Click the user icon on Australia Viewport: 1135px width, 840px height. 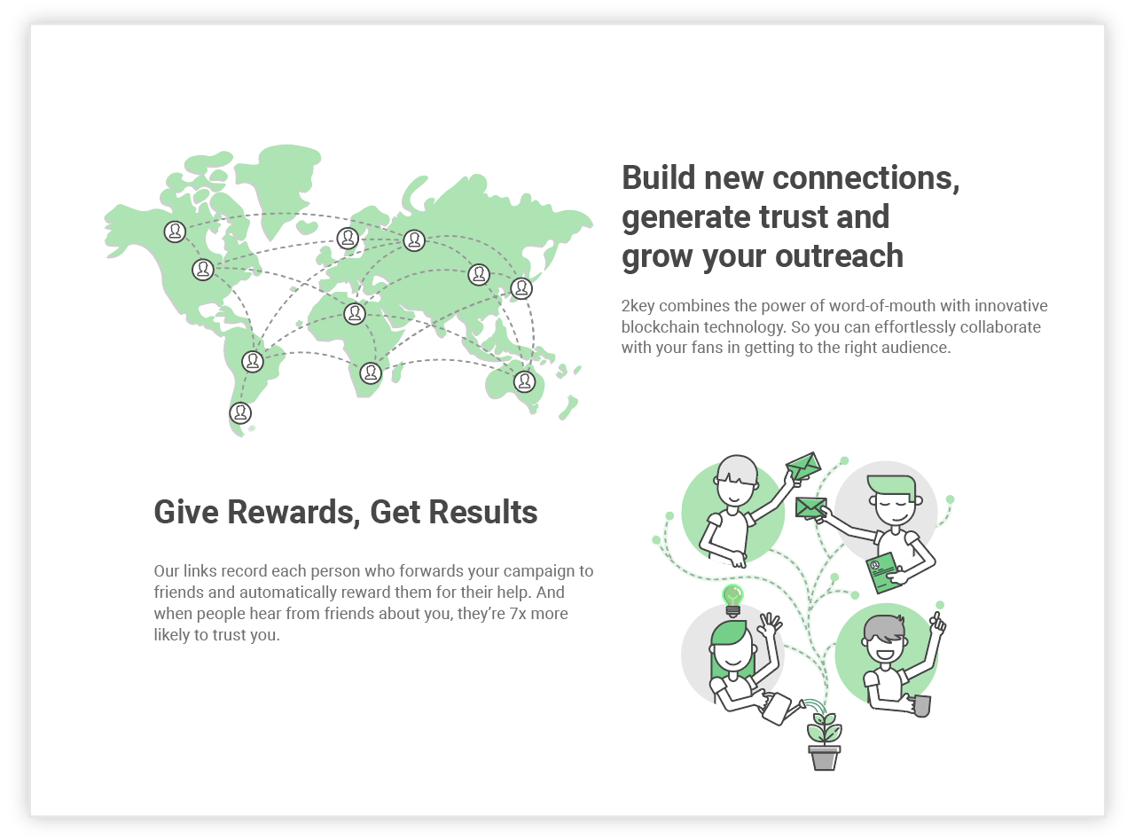click(x=524, y=381)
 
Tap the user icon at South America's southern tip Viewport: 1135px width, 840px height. click(x=240, y=412)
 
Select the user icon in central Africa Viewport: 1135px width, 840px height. click(x=355, y=313)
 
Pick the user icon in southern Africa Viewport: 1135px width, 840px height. click(x=371, y=373)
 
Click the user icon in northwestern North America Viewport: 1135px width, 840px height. click(x=175, y=232)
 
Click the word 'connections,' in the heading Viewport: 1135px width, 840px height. click(x=865, y=177)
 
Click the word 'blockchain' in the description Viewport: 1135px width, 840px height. click(x=661, y=326)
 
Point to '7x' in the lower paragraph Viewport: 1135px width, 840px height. click(x=518, y=613)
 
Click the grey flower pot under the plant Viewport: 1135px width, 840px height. click(x=825, y=758)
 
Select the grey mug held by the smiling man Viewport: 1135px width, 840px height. click(x=921, y=706)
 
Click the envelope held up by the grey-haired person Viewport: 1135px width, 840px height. click(x=803, y=466)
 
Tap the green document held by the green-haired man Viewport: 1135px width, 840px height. click(x=885, y=573)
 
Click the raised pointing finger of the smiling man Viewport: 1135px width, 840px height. click(x=937, y=619)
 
